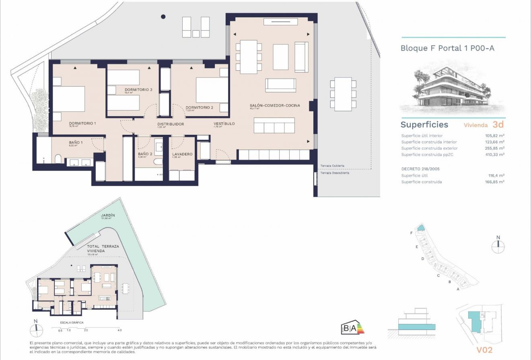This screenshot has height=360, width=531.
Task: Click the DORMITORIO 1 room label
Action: [82, 123]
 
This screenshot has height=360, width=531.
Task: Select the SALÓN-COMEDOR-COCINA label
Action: [275, 105]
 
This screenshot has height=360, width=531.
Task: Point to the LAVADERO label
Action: [182, 154]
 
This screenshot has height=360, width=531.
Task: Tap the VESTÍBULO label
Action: [224, 124]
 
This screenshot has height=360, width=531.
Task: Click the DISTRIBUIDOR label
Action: [171, 124]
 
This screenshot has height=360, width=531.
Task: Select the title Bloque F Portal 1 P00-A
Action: [447, 48]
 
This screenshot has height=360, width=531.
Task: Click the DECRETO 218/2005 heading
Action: [420, 169]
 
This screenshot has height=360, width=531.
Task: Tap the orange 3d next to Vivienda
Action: [498, 125]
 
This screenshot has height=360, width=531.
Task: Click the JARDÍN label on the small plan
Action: [108, 216]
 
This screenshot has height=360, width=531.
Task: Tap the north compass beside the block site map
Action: [498, 246]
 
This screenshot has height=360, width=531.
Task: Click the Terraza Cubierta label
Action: [332, 166]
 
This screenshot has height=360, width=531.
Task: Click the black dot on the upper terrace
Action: [163, 16]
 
